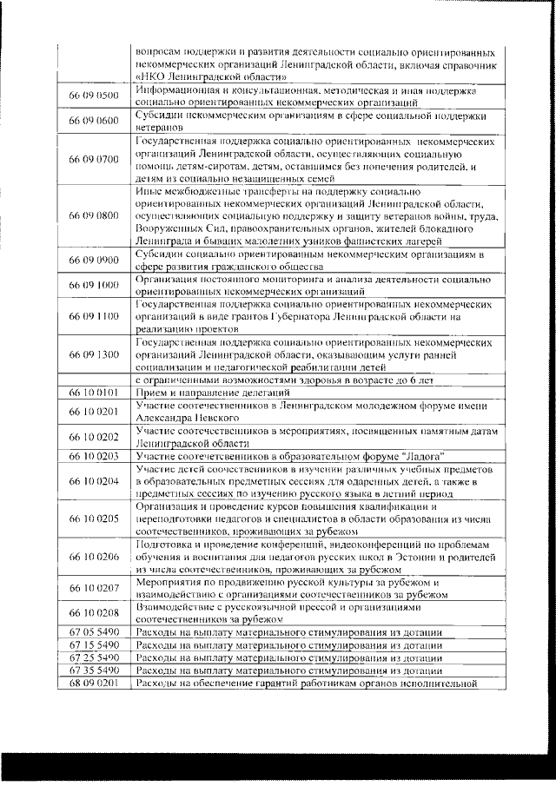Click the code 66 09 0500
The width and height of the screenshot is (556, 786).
pyautogui.click(x=94, y=96)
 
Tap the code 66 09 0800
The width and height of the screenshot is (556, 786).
pyautogui.click(x=94, y=215)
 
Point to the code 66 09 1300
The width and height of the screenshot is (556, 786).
pyautogui.click(x=94, y=355)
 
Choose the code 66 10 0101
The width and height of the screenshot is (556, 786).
pyautogui.click(x=94, y=393)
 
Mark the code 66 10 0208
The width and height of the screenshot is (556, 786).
pyautogui.click(x=94, y=614)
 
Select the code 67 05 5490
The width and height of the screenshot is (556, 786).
pyautogui.click(x=94, y=631)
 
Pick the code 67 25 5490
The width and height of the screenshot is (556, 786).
pyautogui.click(x=94, y=657)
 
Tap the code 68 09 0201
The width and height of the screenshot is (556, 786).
pyautogui.click(x=94, y=684)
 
